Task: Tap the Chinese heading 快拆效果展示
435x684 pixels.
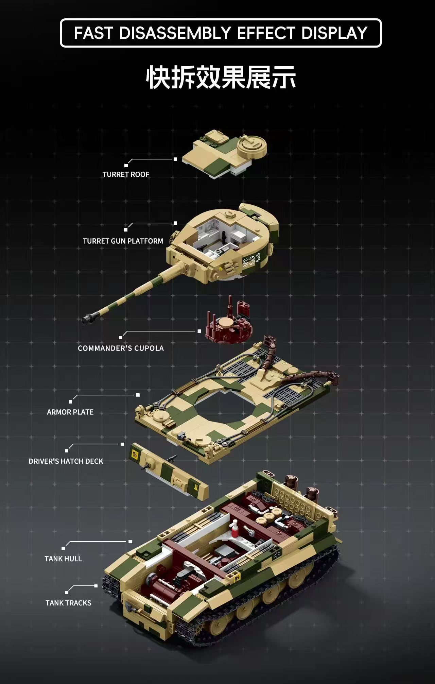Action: click(x=221, y=78)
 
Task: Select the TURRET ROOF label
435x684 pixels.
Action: click(x=126, y=174)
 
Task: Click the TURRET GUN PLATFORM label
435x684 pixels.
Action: click(x=123, y=241)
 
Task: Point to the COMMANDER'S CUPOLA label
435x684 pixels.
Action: click(x=121, y=348)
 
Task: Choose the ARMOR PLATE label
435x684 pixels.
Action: click(x=70, y=412)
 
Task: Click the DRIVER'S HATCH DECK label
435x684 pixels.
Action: click(x=66, y=461)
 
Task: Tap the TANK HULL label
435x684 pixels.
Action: click(x=63, y=559)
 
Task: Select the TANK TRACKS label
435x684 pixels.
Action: click(x=68, y=603)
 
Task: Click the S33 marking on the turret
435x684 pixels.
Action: click(x=251, y=261)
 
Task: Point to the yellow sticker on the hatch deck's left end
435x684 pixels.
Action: click(x=135, y=453)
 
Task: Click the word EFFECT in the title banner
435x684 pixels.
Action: click(x=266, y=33)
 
